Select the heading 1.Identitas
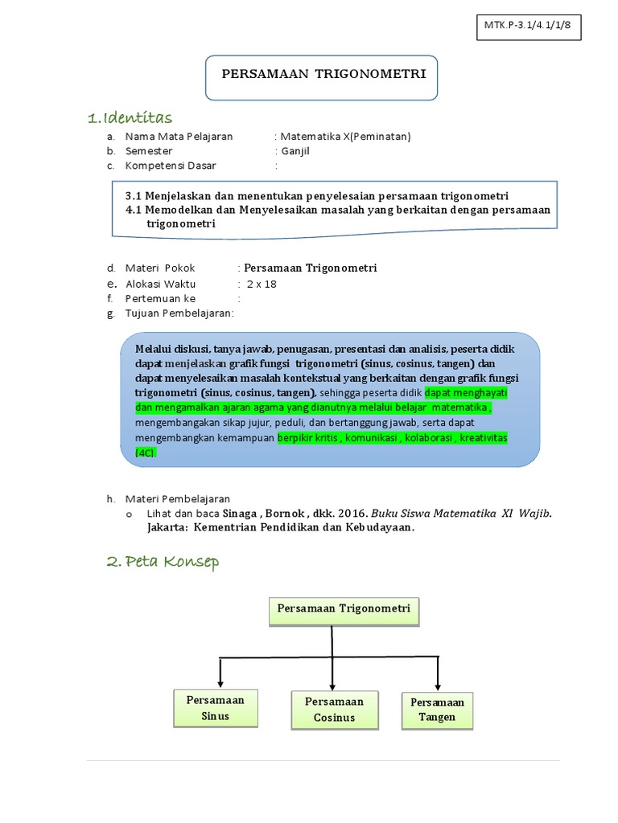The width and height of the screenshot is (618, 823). [x=130, y=118]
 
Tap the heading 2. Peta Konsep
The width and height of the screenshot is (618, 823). [x=163, y=562]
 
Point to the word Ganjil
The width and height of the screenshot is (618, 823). [x=295, y=151]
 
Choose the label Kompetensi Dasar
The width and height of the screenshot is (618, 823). [x=171, y=166]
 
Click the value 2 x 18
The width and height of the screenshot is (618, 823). [x=262, y=284]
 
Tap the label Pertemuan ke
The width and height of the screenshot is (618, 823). [x=160, y=298]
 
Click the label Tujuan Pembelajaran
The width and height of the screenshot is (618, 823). [x=179, y=313]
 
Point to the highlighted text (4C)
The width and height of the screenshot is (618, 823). [x=146, y=452]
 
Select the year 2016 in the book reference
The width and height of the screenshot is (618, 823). [x=352, y=513]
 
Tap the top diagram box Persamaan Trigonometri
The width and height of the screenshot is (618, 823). [x=344, y=609]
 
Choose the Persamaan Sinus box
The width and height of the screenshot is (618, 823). [x=216, y=707]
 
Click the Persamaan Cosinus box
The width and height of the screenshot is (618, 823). [x=334, y=709]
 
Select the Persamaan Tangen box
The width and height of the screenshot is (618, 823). [x=437, y=710]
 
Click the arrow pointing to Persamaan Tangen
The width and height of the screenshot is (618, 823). [x=437, y=676]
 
